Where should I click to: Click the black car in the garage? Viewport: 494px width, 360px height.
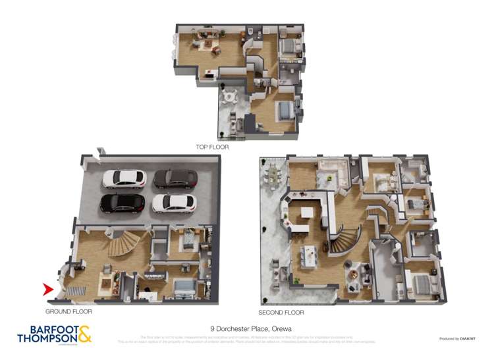(122, 203)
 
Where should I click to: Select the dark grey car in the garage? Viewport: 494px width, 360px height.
(175, 178)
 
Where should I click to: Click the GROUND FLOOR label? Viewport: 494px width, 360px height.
(69, 311)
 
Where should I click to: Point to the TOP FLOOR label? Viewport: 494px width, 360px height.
(212, 147)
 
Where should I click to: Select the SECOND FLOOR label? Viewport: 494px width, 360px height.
(283, 313)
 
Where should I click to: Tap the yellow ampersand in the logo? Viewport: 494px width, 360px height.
(84, 335)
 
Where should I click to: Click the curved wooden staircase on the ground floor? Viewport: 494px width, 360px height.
(125, 244)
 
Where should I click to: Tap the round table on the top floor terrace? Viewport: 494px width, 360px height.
(229, 96)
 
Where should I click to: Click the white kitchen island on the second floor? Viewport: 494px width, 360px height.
(307, 218)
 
